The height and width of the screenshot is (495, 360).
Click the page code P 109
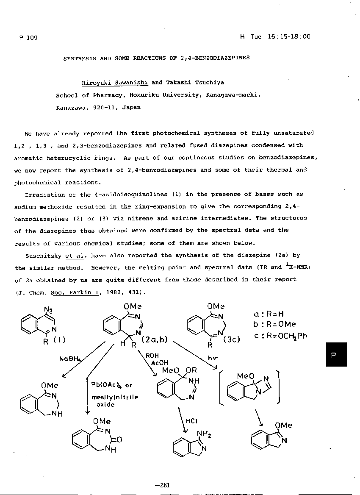28,38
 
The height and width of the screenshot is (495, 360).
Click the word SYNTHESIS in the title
80,58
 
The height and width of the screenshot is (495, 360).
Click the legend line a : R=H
269,314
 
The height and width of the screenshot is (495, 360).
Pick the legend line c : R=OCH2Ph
280,336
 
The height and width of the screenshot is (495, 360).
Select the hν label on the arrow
213,358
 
